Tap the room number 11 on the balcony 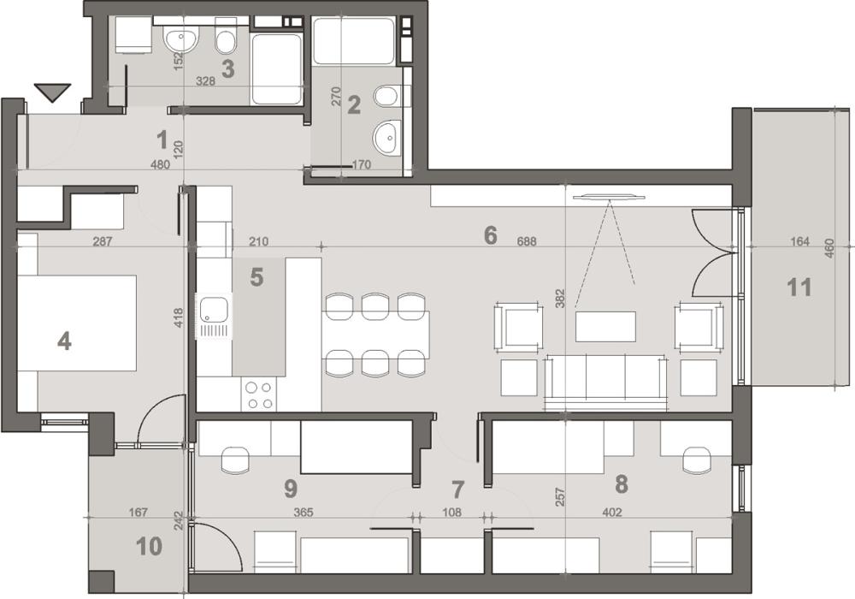[x=799, y=287]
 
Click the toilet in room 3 [x=226, y=40]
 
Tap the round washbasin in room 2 [x=386, y=135]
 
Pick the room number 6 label [x=490, y=234]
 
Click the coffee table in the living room [x=606, y=325]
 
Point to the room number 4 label [x=63, y=341]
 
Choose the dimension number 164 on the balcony [x=799, y=242]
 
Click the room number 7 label [x=457, y=490]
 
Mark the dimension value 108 [x=452, y=513]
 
